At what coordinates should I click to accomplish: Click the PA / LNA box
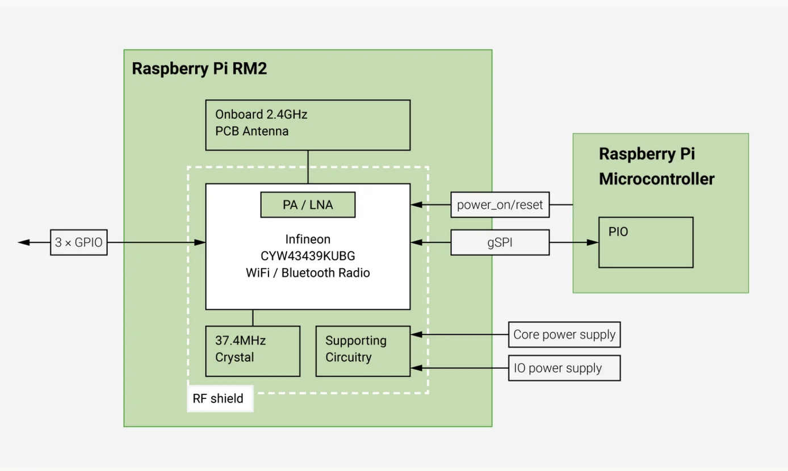click(308, 205)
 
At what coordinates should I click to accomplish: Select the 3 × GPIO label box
click(79, 242)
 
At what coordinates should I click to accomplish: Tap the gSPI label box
click(500, 242)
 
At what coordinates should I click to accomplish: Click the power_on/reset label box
click(500, 205)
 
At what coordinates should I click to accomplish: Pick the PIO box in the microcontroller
click(646, 242)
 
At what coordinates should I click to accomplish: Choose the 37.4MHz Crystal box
click(253, 351)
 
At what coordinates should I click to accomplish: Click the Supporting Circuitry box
click(363, 351)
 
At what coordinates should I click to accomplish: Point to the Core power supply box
click(564, 335)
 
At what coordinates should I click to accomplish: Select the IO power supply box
click(564, 368)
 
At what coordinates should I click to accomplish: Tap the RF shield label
click(219, 398)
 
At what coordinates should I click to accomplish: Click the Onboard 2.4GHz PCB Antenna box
click(308, 125)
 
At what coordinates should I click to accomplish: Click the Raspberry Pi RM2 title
click(199, 69)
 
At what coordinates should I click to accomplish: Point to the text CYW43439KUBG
click(308, 256)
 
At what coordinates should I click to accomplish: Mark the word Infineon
click(308, 239)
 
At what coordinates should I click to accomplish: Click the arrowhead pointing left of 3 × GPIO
click(24, 242)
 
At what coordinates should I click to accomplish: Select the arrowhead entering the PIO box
click(593, 242)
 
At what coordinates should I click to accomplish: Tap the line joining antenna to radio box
click(308, 167)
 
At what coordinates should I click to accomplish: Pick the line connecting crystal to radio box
click(253, 318)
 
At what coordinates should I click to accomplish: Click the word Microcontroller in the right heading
click(656, 179)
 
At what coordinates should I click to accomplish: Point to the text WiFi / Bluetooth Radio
click(308, 273)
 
